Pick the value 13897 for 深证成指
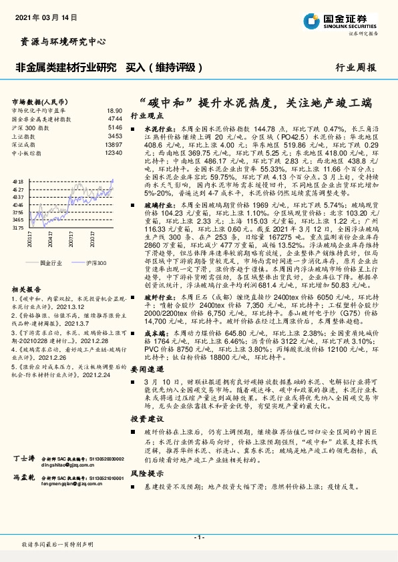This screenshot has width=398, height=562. point(114,144)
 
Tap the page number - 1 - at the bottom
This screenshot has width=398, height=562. point(199,537)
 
